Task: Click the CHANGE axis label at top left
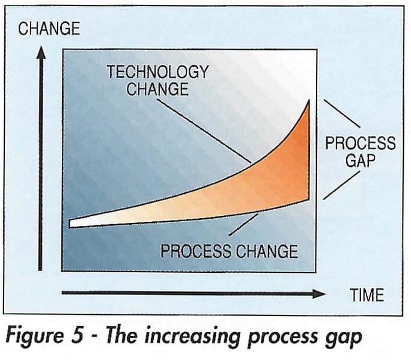tap(49, 29)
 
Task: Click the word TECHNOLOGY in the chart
tap(158, 72)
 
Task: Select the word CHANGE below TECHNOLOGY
tap(157, 88)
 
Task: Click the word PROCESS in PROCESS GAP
tap(361, 143)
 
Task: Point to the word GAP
tap(361, 160)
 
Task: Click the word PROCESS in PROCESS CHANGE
tap(196, 251)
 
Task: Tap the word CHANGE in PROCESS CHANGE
tap(267, 251)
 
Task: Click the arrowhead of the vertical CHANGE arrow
tap(41, 52)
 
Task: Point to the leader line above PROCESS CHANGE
tap(243, 225)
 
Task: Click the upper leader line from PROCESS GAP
tap(342, 114)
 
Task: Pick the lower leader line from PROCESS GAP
tap(341, 185)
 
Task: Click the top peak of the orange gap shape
tap(309, 100)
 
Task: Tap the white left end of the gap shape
tap(72, 224)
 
